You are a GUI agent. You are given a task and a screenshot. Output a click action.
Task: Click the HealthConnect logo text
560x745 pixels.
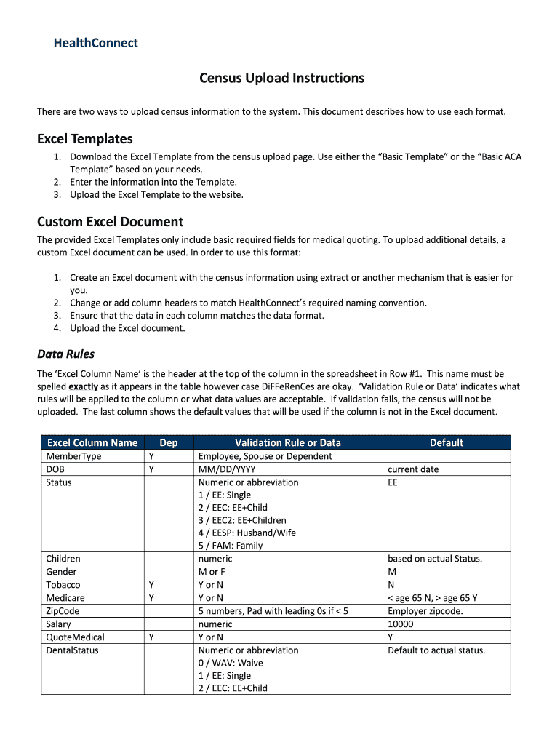(95, 43)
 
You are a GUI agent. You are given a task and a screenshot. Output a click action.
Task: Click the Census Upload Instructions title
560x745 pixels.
(282, 78)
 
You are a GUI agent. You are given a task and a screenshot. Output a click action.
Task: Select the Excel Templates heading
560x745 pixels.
(84, 138)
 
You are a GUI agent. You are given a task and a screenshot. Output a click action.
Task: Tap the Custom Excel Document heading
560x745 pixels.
(110, 222)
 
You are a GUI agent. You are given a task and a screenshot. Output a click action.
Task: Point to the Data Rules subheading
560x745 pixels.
(65, 354)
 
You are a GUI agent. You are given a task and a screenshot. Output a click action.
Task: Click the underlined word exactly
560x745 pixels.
(83, 386)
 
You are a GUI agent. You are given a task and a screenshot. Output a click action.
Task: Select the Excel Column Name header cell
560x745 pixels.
(92, 442)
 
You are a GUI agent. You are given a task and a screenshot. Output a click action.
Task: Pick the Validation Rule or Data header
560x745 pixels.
(287, 442)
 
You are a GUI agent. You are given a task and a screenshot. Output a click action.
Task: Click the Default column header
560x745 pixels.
(446, 442)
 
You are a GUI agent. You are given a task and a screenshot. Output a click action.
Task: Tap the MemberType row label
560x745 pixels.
(73, 456)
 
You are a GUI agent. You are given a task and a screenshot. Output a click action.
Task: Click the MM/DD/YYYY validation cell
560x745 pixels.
(227, 469)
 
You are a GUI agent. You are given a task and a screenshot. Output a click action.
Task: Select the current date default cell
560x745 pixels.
(413, 469)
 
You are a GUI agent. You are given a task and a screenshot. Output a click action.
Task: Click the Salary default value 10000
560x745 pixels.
(400, 624)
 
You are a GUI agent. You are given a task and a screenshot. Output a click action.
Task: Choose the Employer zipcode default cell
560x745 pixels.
(425, 611)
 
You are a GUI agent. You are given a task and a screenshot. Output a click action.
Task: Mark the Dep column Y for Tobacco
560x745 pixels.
(151, 585)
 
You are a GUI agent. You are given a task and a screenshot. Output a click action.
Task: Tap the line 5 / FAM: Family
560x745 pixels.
(230, 546)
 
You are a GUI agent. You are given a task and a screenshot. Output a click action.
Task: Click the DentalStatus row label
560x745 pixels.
(72, 650)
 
